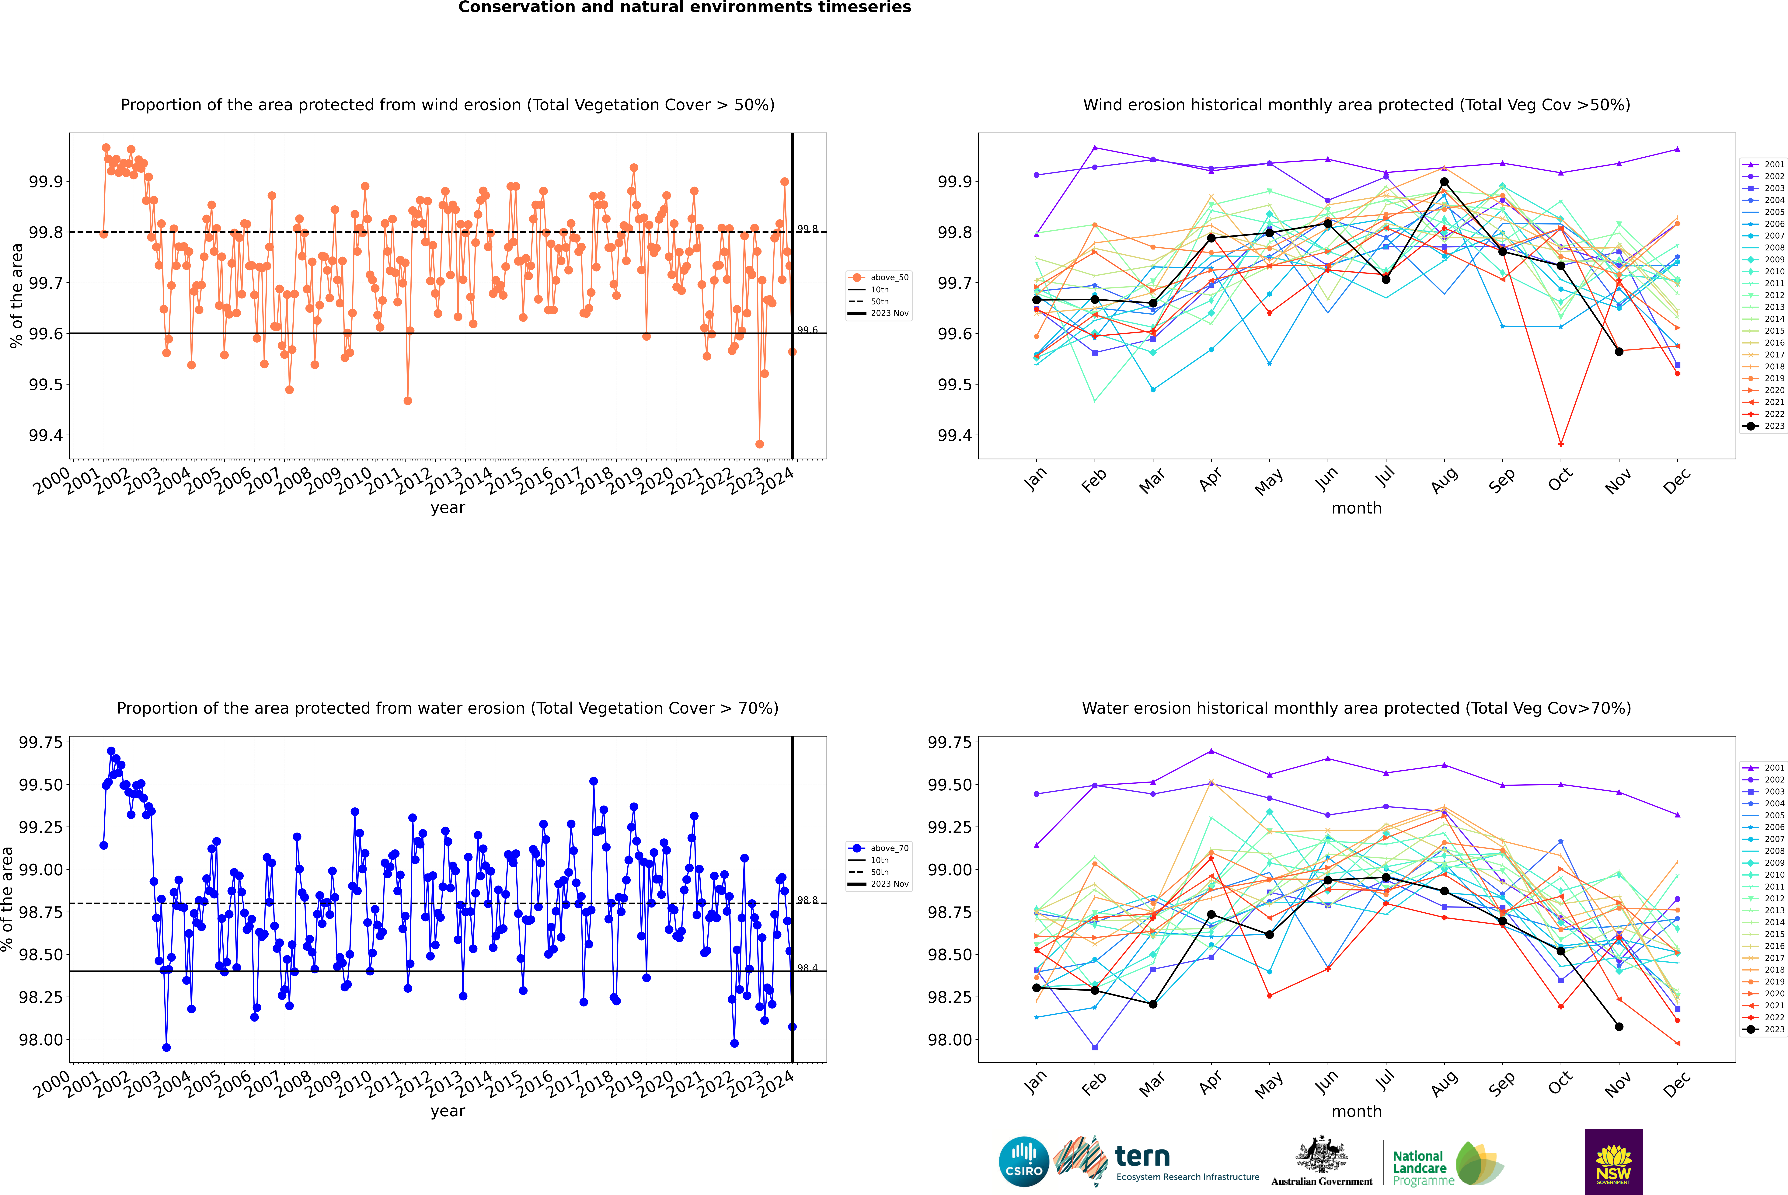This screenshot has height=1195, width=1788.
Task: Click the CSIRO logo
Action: (1024, 1162)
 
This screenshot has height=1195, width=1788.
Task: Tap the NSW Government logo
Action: (1613, 1162)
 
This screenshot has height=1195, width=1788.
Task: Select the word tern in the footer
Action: (1142, 1156)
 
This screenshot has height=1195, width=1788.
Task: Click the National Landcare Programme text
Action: (1419, 1168)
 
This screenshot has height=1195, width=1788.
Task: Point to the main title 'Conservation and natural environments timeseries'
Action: (684, 8)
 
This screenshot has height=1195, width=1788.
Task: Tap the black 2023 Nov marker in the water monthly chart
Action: (1619, 1027)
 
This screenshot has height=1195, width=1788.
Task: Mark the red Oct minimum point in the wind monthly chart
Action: (1561, 444)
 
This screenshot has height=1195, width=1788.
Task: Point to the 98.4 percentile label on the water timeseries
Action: (807, 968)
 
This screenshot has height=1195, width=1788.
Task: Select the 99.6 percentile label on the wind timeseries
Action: (807, 330)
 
